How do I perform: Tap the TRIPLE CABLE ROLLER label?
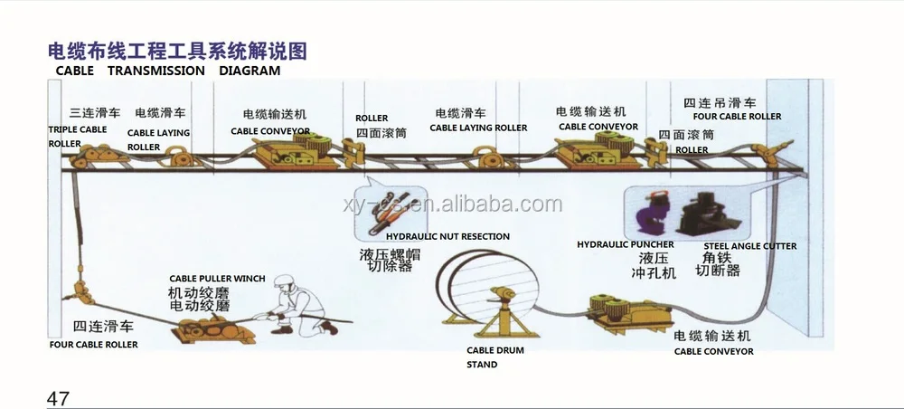point(77,137)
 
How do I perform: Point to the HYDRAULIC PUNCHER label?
point(625,244)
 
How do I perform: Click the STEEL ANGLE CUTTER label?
point(750,246)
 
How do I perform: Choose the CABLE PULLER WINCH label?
point(217,279)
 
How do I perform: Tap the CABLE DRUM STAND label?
point(494,357)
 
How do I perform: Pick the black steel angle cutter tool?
point(710,214)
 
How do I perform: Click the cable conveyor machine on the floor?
point(614,311)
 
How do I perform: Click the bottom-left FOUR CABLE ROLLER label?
point(94,345)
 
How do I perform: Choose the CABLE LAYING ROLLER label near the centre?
point(478,128)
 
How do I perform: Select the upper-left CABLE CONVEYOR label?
point(270,131)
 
